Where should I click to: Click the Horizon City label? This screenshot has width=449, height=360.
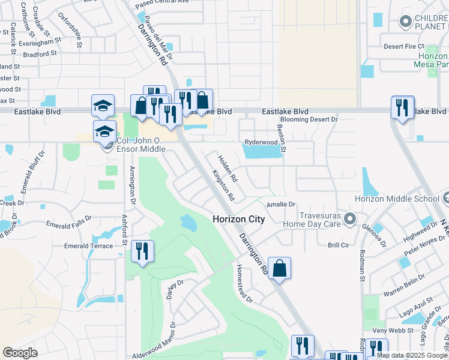tap(238, 220)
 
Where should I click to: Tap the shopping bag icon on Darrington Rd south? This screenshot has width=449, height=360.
tap(280, 268)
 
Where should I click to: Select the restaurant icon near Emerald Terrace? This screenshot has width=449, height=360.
tap(142, 251)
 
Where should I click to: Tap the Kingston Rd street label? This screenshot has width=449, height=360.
tap(223, 185)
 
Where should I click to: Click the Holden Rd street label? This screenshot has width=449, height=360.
tap(228, 169)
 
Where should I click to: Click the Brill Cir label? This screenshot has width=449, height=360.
tap(338, 245)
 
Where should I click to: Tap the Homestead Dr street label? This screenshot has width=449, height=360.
tap(245, 283)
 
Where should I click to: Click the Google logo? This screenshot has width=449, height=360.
tap(20, 353)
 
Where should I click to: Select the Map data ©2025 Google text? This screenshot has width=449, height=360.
tap(412, 355)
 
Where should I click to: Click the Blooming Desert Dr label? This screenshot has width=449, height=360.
tap(310, 119)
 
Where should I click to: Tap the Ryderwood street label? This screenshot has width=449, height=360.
tap(261, 142)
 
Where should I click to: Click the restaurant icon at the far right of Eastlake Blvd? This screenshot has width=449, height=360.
tap(402, 107)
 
